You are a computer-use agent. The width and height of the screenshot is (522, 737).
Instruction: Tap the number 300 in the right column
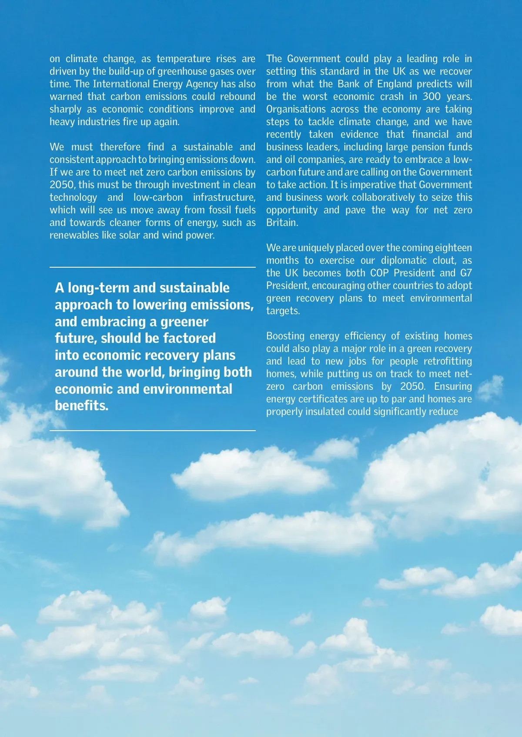(x=432, y=96)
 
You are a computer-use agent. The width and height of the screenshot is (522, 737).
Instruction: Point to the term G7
(x=466, y=273)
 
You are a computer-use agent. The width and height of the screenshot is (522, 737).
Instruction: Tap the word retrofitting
(x=448, y=361)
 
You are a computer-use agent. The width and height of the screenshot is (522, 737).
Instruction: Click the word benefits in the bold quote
(x=81, y=405)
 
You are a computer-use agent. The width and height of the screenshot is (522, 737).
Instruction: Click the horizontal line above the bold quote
(x=153, y=267)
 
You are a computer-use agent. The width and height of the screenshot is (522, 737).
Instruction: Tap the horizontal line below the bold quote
(x=153, y=431)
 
